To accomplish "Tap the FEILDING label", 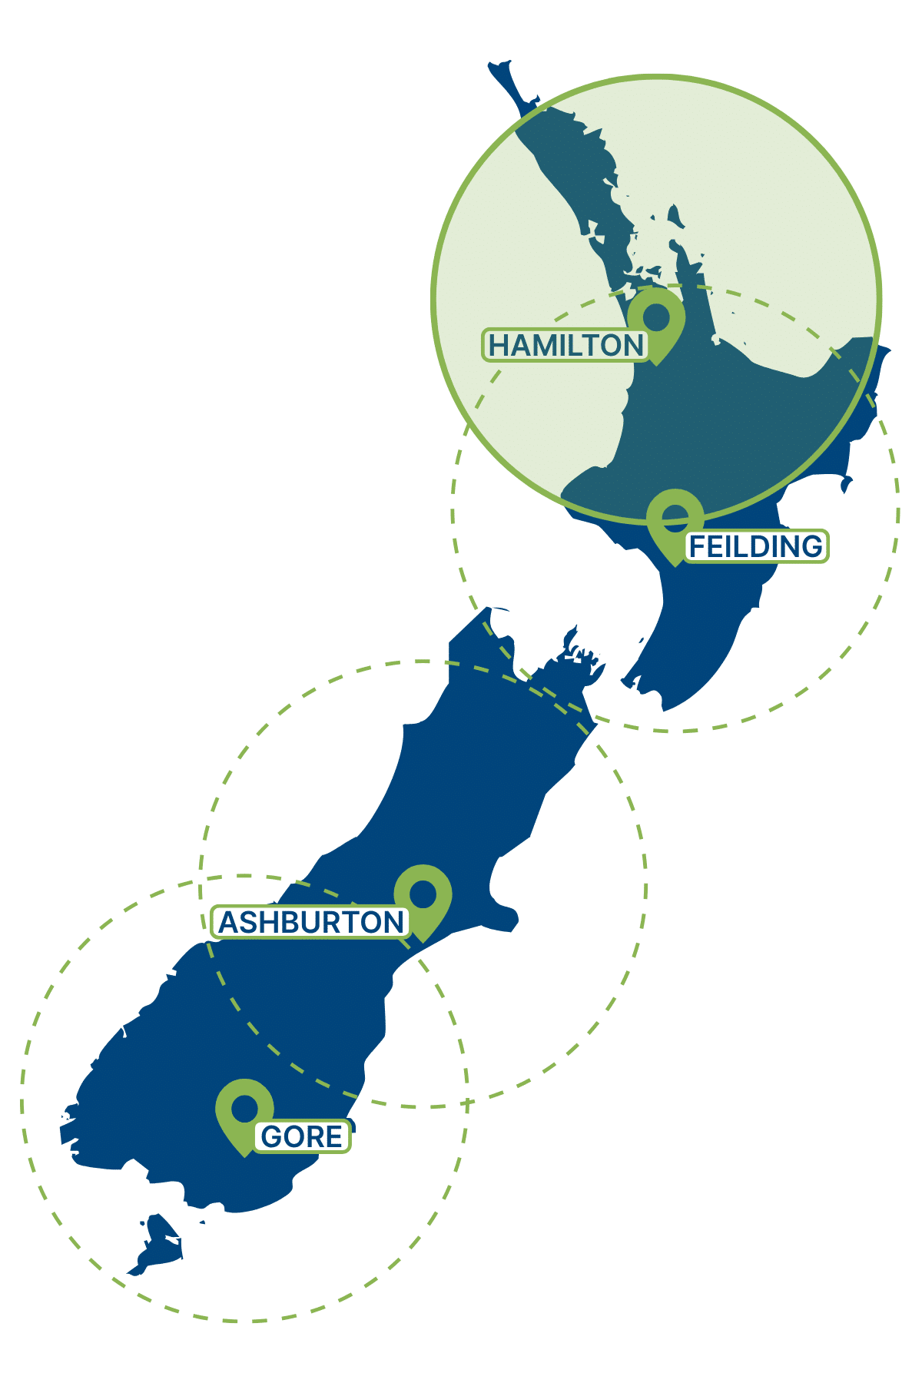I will [756, 546].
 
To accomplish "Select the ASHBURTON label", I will [310, 922].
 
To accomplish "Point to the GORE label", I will [302, 1136].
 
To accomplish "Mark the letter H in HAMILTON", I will [499, 346].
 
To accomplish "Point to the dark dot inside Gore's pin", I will [244, 1108].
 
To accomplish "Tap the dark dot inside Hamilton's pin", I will [656, 316].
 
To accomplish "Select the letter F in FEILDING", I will [698, 546].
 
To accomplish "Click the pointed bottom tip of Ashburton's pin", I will [423, 941].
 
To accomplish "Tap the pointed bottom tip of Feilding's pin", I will [675, 565].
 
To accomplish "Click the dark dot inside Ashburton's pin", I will [423, 894].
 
